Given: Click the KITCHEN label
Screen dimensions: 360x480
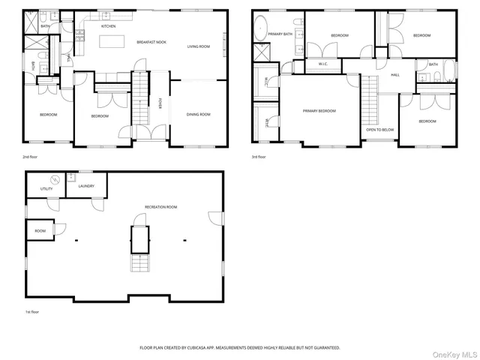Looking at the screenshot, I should [108, 26].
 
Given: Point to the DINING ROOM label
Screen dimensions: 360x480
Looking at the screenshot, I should [199, 114].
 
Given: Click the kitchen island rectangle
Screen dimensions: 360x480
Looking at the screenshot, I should [112, 40].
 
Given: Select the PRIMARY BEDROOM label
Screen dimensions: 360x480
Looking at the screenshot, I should [319, 111].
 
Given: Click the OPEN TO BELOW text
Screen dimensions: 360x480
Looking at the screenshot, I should [380, 129].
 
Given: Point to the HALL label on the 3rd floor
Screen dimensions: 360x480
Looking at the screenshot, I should [394, 75].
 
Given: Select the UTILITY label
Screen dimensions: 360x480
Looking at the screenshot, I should [46, 189].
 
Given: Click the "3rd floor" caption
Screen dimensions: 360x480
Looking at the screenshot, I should [259, 157].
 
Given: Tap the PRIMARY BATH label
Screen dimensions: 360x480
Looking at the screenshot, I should [281, 34].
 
